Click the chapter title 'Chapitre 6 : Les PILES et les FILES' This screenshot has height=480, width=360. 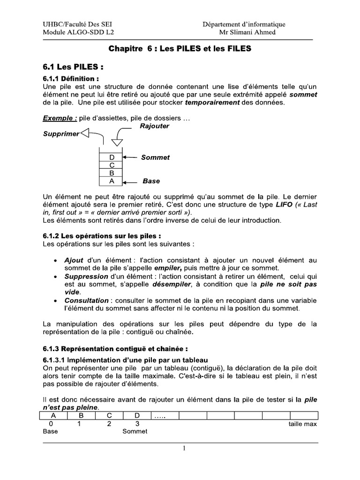point(180,48)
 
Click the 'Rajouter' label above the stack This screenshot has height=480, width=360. point(154,126)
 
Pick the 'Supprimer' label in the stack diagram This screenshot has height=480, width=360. point(61,134)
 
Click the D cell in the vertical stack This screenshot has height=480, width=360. point(112,157)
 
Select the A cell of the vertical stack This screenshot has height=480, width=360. point(112,181)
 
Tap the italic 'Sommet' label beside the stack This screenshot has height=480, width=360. point(155,157)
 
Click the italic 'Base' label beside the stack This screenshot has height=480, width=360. point(151,181)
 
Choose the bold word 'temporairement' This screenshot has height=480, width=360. point(213,102)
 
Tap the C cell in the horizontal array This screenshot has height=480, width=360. point(109,415)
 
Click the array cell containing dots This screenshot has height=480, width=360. point(165,415)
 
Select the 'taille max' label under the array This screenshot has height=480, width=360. point(302,424)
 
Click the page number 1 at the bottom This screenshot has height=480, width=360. point(184,449)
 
